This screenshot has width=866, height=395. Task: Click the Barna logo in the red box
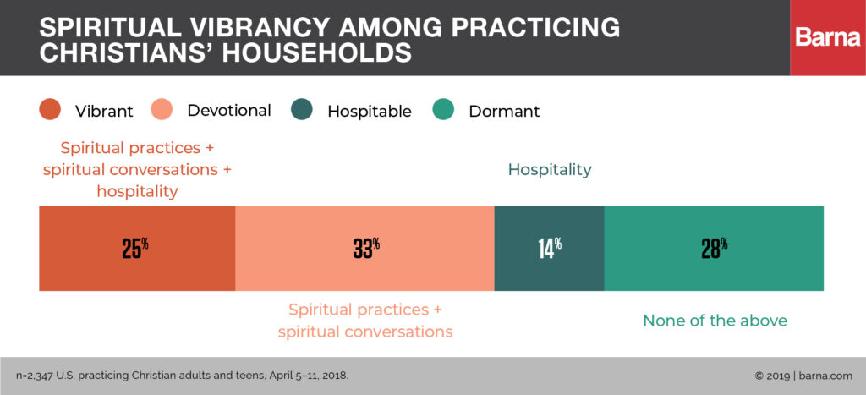[827, 38]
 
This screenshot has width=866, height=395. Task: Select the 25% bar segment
[136, 248]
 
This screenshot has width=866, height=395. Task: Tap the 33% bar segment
[364, 248]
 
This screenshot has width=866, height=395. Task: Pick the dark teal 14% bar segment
[549, 248]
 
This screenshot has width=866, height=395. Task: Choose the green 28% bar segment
[713, 248]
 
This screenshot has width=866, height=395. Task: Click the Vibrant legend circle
[50, 111]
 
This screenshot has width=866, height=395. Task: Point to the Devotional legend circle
[162, 111]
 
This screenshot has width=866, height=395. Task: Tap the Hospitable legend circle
[302, 111]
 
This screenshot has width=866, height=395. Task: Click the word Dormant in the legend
[503, 112]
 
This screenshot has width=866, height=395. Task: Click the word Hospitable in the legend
[369, 112]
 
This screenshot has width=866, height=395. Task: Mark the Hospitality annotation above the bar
[549, 170]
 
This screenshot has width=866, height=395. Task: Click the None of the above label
[715, 321]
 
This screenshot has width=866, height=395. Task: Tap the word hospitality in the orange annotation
[137, 191]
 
